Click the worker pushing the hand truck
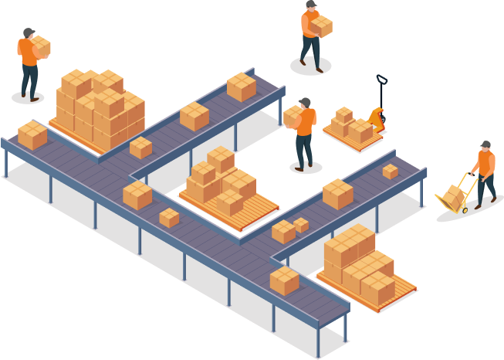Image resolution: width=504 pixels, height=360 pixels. (485, 174)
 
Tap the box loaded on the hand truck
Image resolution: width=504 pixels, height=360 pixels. (454, 197)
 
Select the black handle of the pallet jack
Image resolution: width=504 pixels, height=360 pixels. (381, 80)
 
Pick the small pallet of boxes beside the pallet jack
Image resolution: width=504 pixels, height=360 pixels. (350, 127)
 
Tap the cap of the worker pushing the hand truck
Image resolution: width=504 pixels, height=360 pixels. (485, 144)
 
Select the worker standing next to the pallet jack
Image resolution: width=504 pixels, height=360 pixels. (305, 131)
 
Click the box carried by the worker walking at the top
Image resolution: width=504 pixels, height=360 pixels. (320, 27)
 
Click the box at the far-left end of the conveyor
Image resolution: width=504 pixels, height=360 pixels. (32, 135)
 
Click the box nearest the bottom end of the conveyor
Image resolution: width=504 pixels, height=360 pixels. (284, 280)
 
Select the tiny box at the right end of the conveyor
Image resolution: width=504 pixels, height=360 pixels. (391, 171)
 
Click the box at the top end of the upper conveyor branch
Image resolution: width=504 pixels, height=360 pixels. (242, 87)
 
